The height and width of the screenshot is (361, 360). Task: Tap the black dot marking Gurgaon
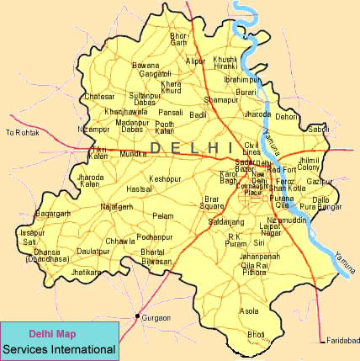138,317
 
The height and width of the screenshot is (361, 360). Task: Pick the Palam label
162,216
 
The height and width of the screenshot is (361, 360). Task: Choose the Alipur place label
195,61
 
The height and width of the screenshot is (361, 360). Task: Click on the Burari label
246,92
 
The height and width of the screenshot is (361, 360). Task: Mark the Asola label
249,311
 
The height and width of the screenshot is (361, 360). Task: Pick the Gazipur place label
320,182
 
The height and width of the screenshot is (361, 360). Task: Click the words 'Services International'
58,348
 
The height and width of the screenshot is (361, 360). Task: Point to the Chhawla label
119,242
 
